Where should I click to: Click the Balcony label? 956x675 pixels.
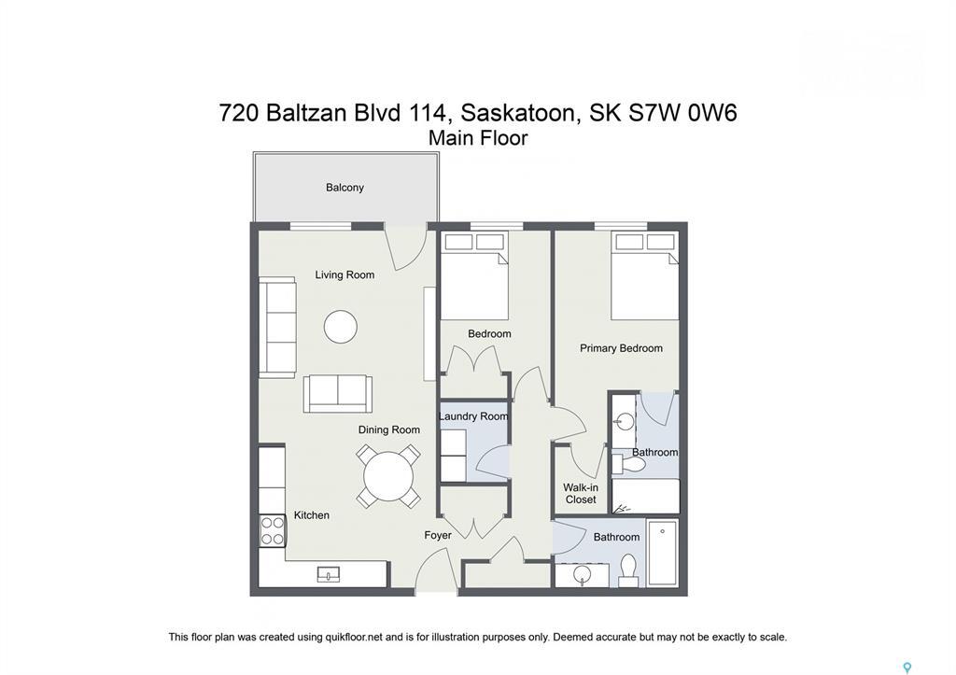point(344,188)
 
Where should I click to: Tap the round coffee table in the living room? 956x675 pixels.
point(340,327)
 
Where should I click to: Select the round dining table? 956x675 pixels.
point(388,476)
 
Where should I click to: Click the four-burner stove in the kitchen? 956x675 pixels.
point(272,530)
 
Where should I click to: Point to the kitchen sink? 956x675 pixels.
point(330,573)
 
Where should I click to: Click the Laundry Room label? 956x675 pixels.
point(473,416)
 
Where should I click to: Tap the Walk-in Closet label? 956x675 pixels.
point(581,493)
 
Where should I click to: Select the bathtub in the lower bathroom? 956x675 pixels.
point(662,553)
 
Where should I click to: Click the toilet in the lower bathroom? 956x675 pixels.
point(628,570)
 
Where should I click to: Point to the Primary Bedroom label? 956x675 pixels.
point(621,348)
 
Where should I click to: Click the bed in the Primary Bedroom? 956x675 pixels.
point(644,276)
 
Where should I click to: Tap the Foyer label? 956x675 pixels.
point(438,535)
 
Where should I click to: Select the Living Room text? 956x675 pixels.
point(344,274)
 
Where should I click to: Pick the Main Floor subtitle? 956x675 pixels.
point(478,138)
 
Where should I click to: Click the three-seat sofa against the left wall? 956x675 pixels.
point(277,328)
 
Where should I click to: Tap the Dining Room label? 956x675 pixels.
point(389,430)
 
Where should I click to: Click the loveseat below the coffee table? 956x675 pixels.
point(338,394)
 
